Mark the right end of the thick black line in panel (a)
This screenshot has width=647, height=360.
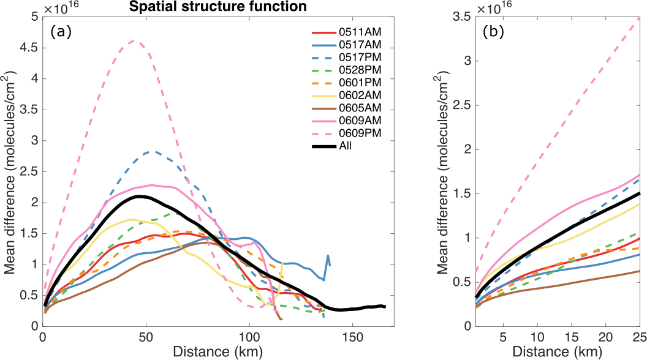click(x=385, y=306)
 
